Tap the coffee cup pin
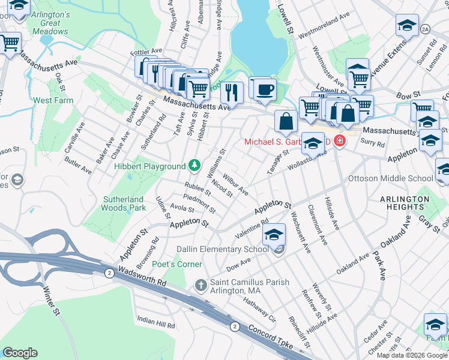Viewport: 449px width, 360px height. click(x=264, y=90)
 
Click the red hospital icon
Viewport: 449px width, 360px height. click(x=340, y=142)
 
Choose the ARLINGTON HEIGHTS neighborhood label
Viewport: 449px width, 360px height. click(x=413, y=202)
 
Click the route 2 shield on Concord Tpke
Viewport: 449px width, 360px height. click(x=235, y=326)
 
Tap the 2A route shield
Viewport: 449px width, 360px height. click(x=426, y=28)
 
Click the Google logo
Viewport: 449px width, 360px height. click(x=20, y=353)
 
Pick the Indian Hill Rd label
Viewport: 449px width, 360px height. click(x=156, y=322)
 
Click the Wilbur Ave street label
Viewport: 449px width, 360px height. click(x=235, y=185)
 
